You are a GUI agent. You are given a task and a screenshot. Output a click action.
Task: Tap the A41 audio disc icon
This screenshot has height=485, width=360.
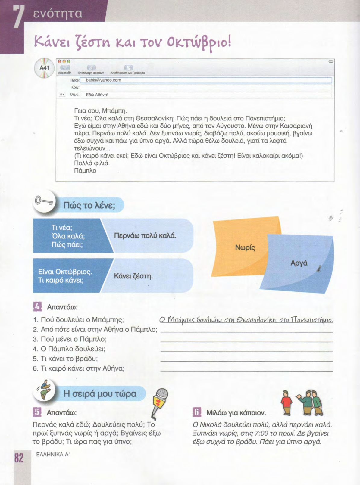coord(44,68)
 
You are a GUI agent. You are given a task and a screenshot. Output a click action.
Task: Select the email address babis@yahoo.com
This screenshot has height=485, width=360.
coord(103,80)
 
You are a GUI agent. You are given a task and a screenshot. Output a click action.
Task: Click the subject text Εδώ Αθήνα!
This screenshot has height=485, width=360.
coord(97,95)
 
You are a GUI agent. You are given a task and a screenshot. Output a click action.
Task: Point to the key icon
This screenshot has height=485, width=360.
coord(44,201)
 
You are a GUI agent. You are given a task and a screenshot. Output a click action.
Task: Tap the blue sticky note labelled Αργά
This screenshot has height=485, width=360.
coord(299,263)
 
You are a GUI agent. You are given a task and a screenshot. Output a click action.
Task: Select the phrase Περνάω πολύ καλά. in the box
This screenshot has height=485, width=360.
coord(145,235)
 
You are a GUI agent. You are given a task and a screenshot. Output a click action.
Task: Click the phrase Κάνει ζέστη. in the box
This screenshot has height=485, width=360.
coord(133,276)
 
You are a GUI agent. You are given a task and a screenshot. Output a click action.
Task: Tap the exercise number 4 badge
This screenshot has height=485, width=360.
coord(37,307)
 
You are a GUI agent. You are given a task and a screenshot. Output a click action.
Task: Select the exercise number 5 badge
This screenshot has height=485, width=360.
coord(37,412)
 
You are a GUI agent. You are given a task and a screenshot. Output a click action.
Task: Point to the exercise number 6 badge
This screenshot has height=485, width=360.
coord(197,412)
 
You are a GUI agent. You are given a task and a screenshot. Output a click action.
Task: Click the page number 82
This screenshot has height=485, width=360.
coord(19,458)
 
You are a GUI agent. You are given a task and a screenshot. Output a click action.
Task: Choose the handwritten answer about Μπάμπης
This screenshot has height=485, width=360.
coord(246,320)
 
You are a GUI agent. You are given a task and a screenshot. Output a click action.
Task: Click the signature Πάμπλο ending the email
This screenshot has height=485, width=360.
coord(85,171)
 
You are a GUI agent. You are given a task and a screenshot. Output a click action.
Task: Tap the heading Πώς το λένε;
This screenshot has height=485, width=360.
coord(89,206)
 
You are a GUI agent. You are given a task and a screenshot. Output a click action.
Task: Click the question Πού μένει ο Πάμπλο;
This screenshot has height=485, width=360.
coord(70,339)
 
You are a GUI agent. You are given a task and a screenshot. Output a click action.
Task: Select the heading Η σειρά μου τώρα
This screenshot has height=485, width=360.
coord(100,393)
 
